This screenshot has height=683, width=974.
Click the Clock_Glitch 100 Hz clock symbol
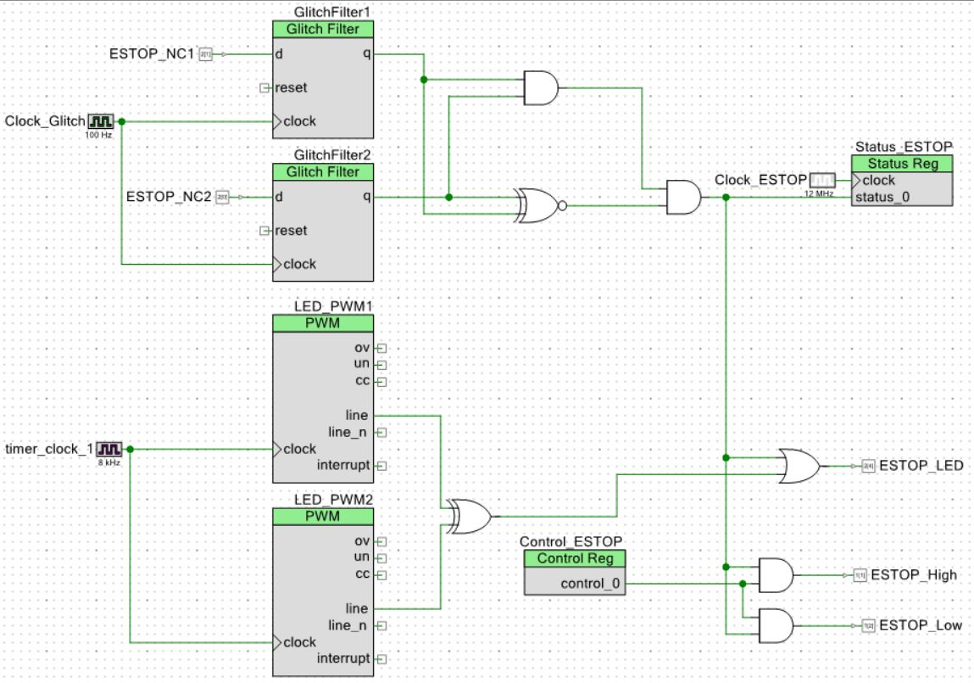[101, 121]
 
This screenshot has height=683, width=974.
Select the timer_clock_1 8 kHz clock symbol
[109, 449]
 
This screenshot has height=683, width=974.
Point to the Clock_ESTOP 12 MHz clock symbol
[822, 180]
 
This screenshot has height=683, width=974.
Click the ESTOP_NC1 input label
[152, 54]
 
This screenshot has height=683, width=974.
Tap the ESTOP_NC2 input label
[168, 197]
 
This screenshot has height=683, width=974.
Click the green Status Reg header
[902, 164]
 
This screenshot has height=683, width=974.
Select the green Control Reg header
[574, 559]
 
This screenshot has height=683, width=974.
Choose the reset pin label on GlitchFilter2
[291, 231]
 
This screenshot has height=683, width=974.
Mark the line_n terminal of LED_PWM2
[381, 625]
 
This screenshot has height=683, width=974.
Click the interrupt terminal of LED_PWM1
[381, 466]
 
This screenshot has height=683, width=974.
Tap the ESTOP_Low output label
[921, 625]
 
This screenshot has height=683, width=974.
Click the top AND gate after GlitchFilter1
[541, 87]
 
